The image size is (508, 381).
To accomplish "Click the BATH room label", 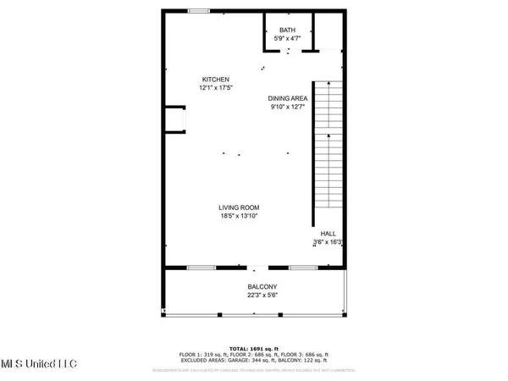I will click(289, 30).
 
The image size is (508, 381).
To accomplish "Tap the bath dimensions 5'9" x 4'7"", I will click(289, 38).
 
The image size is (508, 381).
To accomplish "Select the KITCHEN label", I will click(216, 79).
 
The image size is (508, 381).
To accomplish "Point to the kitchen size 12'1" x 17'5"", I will click(216, 87).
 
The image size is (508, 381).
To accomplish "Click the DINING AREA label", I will click(288, 98).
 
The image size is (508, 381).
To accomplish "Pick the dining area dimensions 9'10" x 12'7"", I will click(288, 107).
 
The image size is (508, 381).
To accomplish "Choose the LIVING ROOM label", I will click(239, 207).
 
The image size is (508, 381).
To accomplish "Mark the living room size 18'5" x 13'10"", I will click(239, 216).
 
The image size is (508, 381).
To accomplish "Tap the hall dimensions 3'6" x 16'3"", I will click(328, 242).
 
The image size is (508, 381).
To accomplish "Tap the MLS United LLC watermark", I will click(38, 364).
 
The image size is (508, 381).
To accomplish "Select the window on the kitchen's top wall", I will click(200, 11).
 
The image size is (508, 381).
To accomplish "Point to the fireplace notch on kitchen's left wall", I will click(174, 119).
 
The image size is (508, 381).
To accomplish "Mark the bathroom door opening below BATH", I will click(290, 52).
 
